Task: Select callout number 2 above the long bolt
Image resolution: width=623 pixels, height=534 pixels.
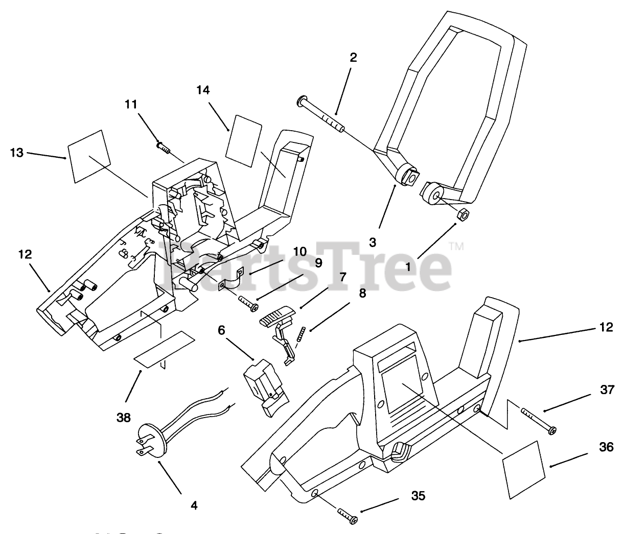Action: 353,58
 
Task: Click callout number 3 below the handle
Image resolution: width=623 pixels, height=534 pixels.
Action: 373,242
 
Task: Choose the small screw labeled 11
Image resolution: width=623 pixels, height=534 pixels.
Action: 163,147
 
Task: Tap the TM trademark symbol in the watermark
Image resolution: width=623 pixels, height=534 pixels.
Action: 456,247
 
